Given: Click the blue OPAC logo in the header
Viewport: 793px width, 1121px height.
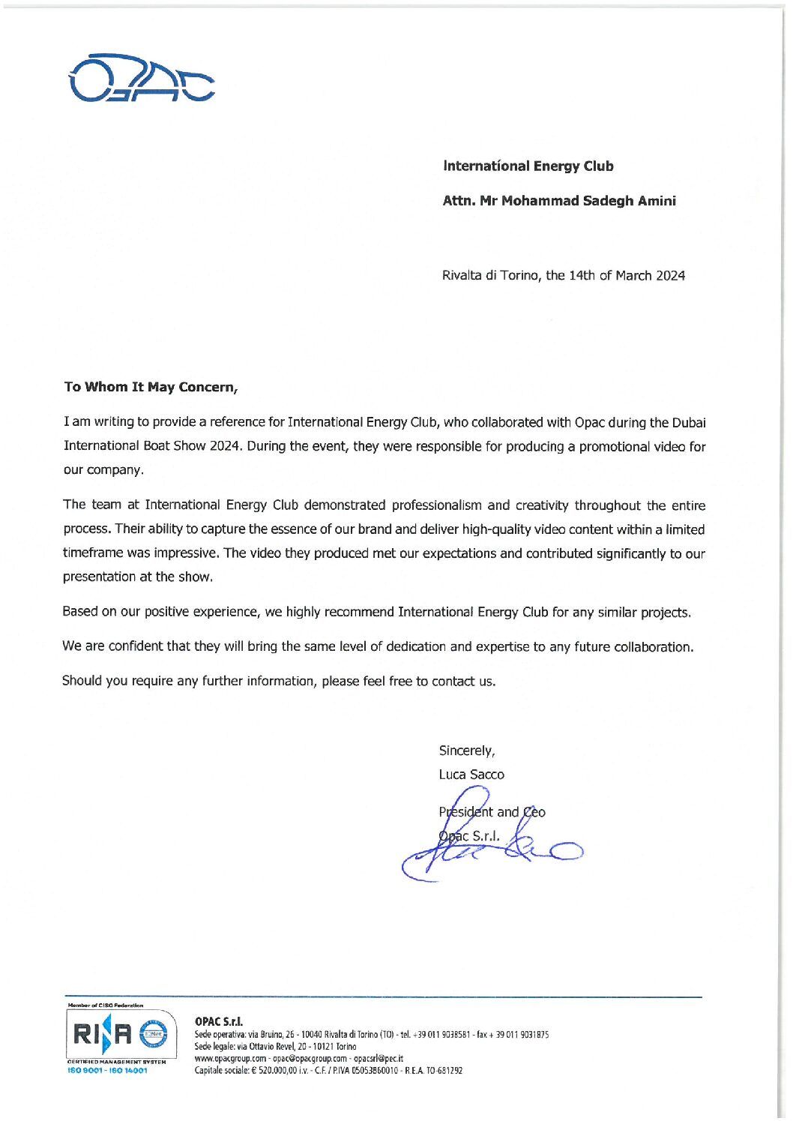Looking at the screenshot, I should tap(141, 79).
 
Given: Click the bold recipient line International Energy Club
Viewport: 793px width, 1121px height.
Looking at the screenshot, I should tap(528, 166).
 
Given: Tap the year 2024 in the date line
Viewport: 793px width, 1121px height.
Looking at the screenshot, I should tap(670, 276).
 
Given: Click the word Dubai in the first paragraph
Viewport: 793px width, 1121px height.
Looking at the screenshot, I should tap(689, 423).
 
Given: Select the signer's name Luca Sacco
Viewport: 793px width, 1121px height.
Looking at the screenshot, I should tap(471, 775).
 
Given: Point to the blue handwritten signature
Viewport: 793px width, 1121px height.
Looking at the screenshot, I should tap(495, 847).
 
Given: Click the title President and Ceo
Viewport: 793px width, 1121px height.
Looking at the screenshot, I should tap(492, 812).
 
